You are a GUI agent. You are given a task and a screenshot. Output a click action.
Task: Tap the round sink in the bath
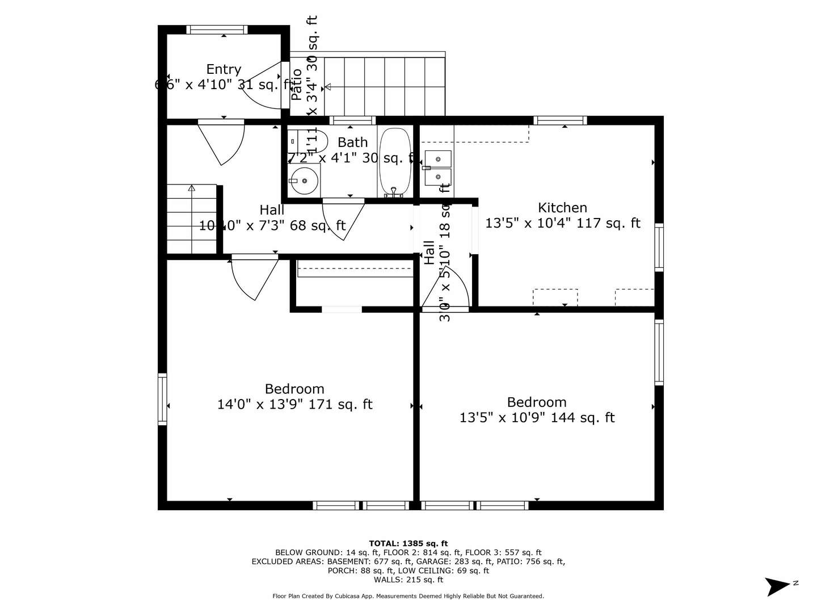click(x=305, y=181)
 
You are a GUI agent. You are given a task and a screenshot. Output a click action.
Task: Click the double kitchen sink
click(x=437, y=167)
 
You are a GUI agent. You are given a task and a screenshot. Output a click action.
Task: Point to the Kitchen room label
click(x=562, y=208)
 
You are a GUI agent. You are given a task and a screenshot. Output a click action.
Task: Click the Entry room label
click(x=224, y=69)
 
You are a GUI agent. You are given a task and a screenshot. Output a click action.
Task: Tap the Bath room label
click(x=352, y=142)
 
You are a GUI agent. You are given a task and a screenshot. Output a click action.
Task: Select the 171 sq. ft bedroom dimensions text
click(x=294, y=405)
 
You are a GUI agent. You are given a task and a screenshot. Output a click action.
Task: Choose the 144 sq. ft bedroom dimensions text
click(x=537, y=418)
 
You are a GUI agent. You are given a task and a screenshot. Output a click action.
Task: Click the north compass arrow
click(x=778, y=586)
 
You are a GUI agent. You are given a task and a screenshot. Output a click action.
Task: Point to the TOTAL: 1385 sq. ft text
click(x=408, y=543)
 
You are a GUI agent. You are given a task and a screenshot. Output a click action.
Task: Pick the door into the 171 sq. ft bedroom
click(x=254, y=278)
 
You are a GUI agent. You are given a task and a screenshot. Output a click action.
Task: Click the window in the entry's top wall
click(x=217, y=30)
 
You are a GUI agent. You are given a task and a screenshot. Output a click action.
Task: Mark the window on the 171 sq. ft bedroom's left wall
click(x=162, y=399)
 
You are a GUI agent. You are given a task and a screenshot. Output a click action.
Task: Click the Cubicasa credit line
click(x=408, y=596)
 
